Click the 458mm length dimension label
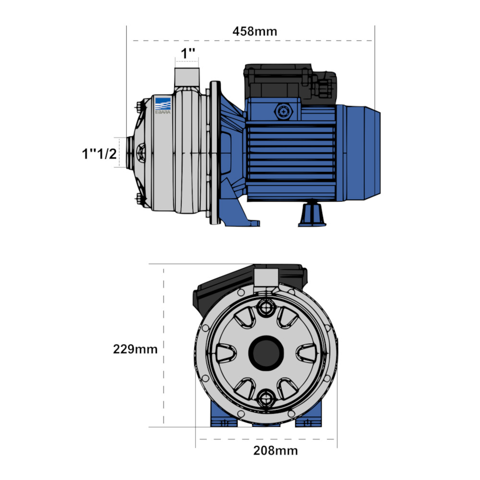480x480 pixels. [255, 32]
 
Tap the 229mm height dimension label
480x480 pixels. [135, 349]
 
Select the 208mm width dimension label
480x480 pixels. [276, 451]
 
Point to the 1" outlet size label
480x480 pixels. [188, 53]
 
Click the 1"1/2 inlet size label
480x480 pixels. [99, 154]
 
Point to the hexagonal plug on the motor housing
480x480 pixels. [284, 112]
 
